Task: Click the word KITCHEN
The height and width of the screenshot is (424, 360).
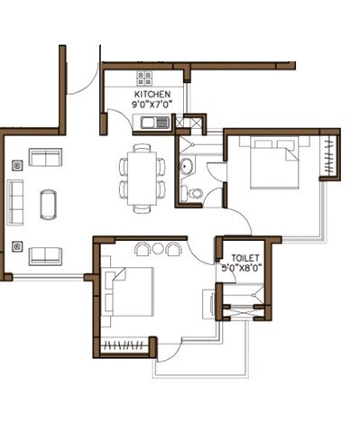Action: (x=152, y=94)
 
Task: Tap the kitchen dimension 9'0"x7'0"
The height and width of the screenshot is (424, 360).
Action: (x=152, y=105)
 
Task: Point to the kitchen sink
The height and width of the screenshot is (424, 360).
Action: (x=159, y=122)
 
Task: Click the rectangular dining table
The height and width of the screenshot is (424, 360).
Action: (x=143, y=178)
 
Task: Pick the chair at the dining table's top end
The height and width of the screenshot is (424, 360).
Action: (x=143, y=147)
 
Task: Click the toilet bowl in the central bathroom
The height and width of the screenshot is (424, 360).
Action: (x=195, y=192)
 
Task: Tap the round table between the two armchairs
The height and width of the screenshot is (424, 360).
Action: (x=157, y=248)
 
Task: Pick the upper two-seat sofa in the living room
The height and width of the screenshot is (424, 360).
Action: (x=45, y=158)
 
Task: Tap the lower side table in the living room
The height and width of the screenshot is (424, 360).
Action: (x=15, y=245)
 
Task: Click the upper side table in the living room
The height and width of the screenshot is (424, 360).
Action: (x=15, y=164)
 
